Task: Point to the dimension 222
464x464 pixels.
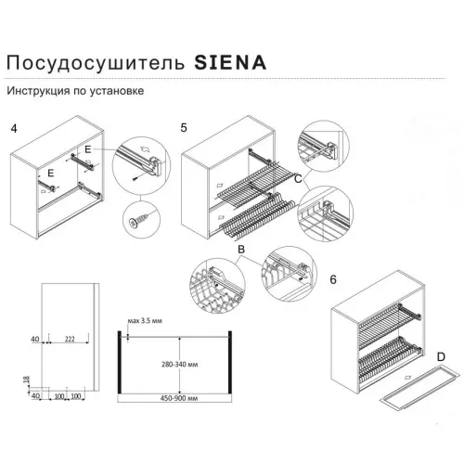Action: [x=71, y=341]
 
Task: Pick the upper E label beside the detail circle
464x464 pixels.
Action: [x=87, y=148]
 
